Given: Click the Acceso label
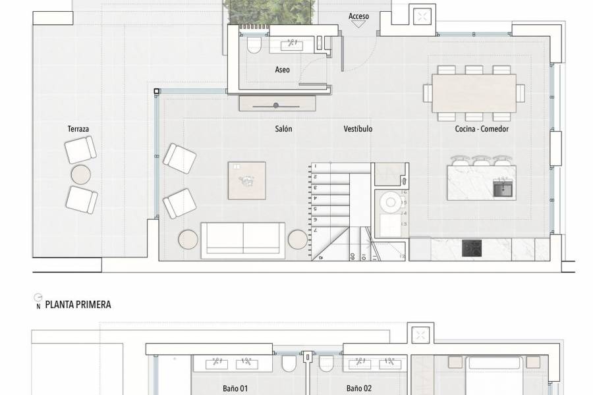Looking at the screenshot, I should coord(358,16).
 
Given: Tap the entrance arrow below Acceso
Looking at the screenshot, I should coord(358,24).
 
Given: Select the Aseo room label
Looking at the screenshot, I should coord(282,70).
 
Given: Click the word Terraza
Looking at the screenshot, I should coord(78,130).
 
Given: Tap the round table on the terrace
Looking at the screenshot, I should coord(81,175).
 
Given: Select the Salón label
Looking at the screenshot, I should coord(283,129).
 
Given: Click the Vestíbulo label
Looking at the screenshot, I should coord(358,129).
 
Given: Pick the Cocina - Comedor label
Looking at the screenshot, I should coord(482,129).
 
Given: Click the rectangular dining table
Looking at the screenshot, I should coord(474,93).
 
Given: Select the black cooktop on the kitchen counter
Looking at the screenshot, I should coord(472,248).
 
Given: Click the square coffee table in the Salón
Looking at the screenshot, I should coord(247,180).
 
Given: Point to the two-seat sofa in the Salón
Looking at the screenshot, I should coord(243,240).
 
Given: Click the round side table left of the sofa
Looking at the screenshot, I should coord(188,240).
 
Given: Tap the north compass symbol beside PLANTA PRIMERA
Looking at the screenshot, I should coord(38,302).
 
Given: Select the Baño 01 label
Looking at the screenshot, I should coord(235,388).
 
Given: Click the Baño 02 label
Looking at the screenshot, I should coord(359,388).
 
